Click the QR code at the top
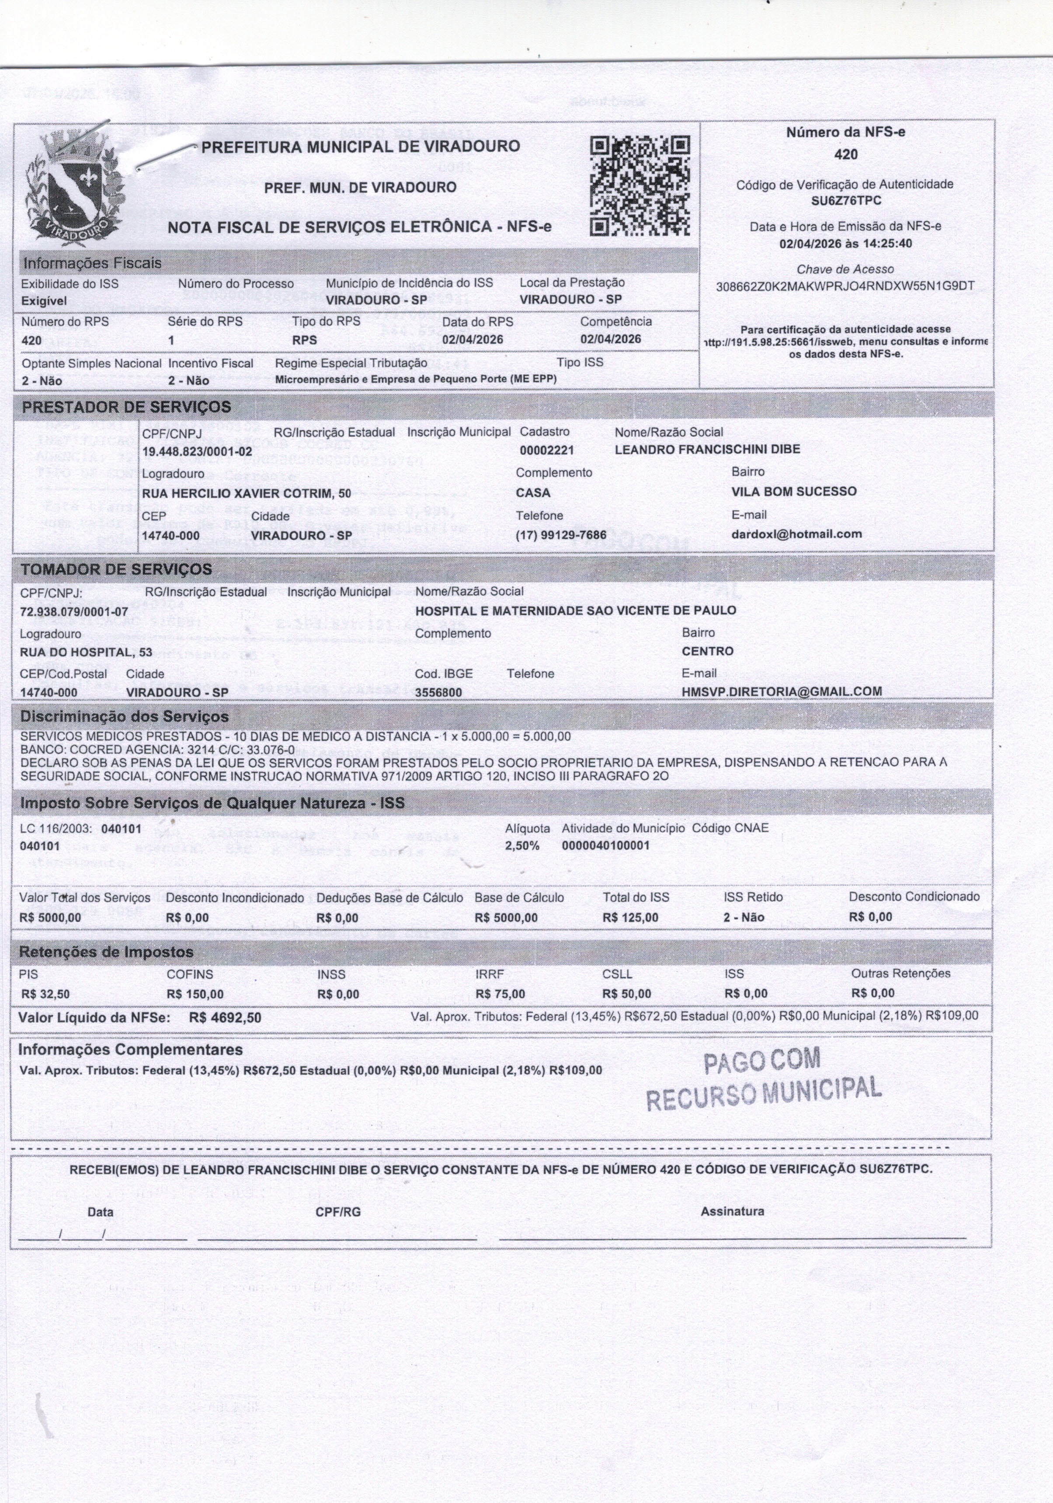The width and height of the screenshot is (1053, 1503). point(639,185)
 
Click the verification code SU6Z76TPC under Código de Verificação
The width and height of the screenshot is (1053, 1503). point(845,201)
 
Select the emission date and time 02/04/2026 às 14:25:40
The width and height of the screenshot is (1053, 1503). point(845,244)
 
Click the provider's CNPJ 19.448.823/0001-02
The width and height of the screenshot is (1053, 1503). point(197,452)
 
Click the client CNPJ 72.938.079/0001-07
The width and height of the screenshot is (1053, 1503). point(75,611)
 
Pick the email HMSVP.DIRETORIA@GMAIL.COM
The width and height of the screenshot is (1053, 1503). point(782,691)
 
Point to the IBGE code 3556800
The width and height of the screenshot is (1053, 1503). point(438,692)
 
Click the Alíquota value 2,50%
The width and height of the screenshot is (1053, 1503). point(522,846)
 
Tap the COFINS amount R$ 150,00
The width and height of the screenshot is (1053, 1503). point(195,994)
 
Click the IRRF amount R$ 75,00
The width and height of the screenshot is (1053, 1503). point(500,994)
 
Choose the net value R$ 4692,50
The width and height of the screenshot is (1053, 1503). point(225,1018)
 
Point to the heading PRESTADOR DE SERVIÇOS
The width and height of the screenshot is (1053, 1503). point(126,407)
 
